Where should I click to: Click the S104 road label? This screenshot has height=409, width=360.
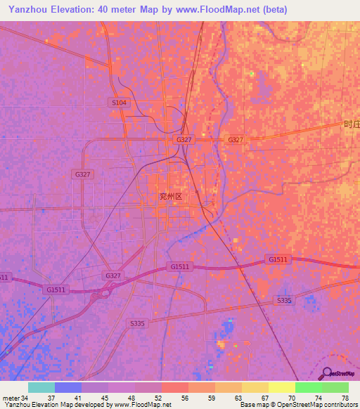pyautogui.click(x=120, y=103)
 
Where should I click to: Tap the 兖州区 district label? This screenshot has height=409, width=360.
pyautogui.click(x=170, y=197)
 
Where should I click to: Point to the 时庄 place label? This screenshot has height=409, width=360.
pyautogui.click(x=352, y=124)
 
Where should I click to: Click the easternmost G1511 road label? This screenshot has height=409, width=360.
pyautogui.click(x=278, y=259)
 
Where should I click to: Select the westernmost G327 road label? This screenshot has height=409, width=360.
pyautogui.click(x=82, y=174)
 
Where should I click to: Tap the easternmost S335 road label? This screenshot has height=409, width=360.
pyautogui.click(x=284, y=301)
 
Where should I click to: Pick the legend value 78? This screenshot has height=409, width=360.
pyautogui.click(x=345, y=398)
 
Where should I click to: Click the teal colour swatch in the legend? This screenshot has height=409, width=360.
pyautogui.click(x=41, y=387)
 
